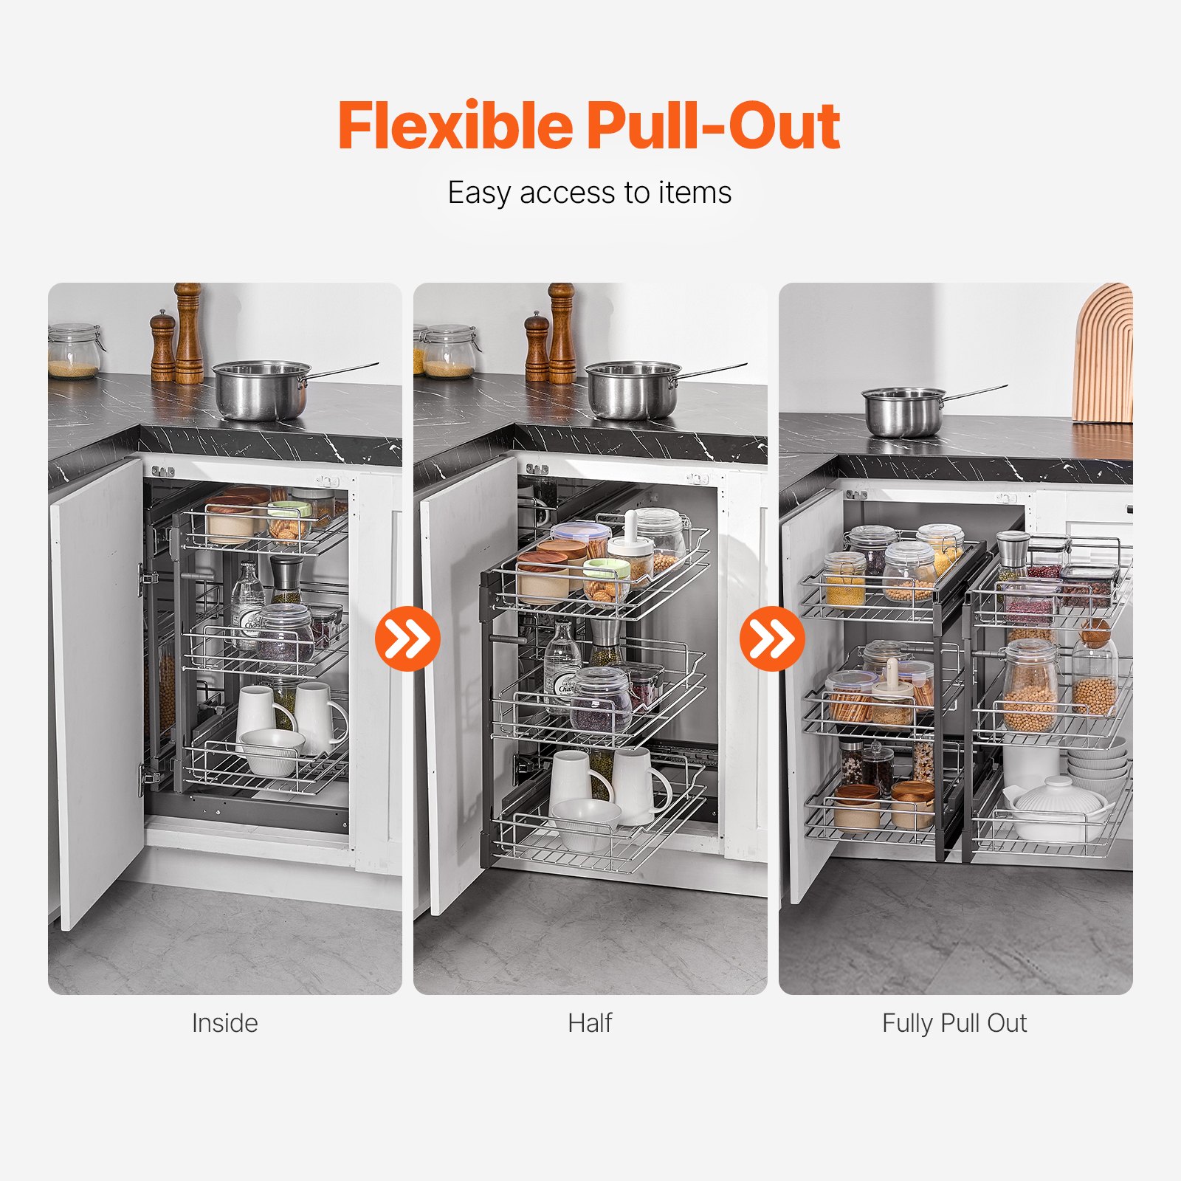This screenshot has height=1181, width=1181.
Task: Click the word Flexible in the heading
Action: click(455, 125)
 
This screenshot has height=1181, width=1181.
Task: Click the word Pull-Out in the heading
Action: click(714, 125)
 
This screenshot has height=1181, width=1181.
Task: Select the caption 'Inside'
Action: click(224, 1023)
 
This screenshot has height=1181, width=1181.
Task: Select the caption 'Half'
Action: click(590, 1023)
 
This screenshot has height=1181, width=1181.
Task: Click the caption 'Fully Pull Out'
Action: click(954, 1023)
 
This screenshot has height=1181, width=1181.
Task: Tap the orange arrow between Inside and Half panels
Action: click(407, 638)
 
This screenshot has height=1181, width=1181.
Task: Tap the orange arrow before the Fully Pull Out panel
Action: click(772, 638)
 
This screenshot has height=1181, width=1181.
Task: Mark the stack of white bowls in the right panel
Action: click(1098, 760)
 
